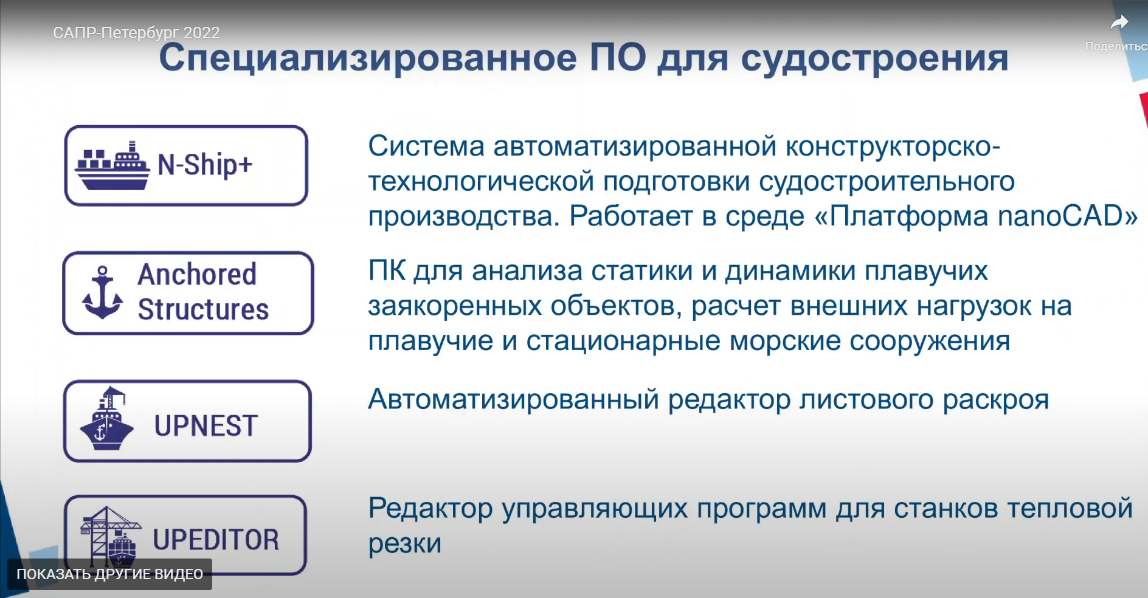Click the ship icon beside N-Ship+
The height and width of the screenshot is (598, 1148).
pos(112,166)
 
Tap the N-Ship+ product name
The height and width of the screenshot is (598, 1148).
pos(205,165)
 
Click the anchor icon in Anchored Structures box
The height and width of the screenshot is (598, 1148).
pos(102,292)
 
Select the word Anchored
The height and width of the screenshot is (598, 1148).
pos(197,274)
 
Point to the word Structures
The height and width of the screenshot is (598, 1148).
pos(203,309)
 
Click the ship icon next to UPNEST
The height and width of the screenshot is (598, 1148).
pos(107,419)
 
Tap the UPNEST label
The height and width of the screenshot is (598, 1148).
pos(206,425)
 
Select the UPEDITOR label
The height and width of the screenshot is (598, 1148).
pos(216,539)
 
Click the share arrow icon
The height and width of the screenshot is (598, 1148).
pos(1119,23)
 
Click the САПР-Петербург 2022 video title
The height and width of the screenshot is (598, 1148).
pos(136,32)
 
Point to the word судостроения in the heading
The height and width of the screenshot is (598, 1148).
pos(874,59)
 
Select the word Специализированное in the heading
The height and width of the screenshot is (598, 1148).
pos(368,58)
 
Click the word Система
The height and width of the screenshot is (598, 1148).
pos(426,146)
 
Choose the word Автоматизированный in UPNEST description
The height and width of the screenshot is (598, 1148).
pos(514,400)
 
